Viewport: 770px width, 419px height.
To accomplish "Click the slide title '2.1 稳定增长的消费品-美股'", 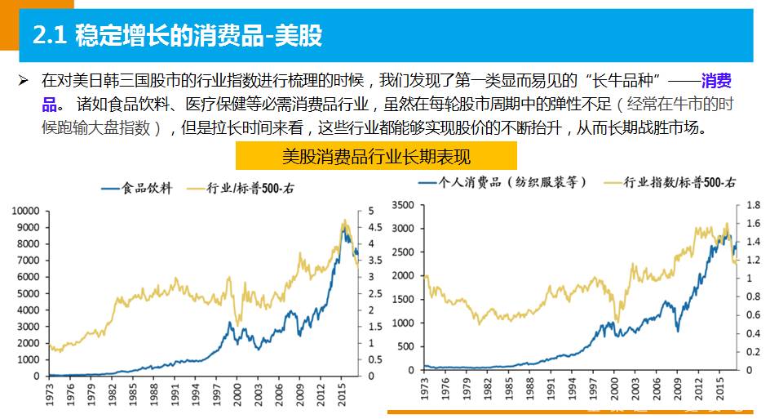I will click(176, 35).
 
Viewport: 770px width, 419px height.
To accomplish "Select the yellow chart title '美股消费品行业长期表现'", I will click(376, 156).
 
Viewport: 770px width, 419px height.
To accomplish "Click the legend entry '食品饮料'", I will click(138, 189).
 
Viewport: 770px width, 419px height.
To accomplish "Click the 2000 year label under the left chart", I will click(237, 394).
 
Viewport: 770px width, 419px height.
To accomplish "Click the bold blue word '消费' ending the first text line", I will click(715, 82).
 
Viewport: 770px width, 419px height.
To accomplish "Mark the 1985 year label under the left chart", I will click(131, 394).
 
